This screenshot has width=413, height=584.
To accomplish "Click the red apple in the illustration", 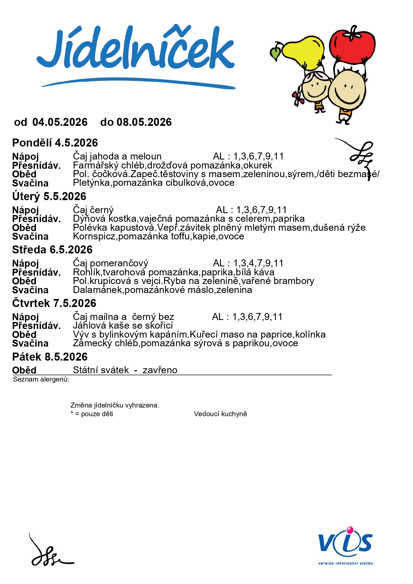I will (x=352, y=45).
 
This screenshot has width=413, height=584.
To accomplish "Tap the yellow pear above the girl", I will (x=303, y=52).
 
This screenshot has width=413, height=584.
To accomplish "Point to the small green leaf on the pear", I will (x=276, y=53).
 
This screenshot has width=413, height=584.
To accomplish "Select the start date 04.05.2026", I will (x=60, y=122).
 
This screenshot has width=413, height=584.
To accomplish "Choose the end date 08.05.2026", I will (x=144, y=122).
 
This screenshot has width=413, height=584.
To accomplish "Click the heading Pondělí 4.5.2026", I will (x=55, y=143).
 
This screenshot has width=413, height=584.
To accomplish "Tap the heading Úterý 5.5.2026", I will (x=49, y=196).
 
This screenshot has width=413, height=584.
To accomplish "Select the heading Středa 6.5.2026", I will (x=52, y=250).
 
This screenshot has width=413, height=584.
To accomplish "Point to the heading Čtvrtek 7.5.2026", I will (x=54, y=303).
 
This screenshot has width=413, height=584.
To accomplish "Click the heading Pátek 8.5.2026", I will (x=50, y=357).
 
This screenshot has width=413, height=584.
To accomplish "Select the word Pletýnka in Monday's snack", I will (x=91, y=183).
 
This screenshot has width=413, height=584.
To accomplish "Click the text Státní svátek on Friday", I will (x=101, y=370).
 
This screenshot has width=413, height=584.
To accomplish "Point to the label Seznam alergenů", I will (x=41, y=379).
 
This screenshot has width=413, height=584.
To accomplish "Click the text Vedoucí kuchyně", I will (x=220, y=414).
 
